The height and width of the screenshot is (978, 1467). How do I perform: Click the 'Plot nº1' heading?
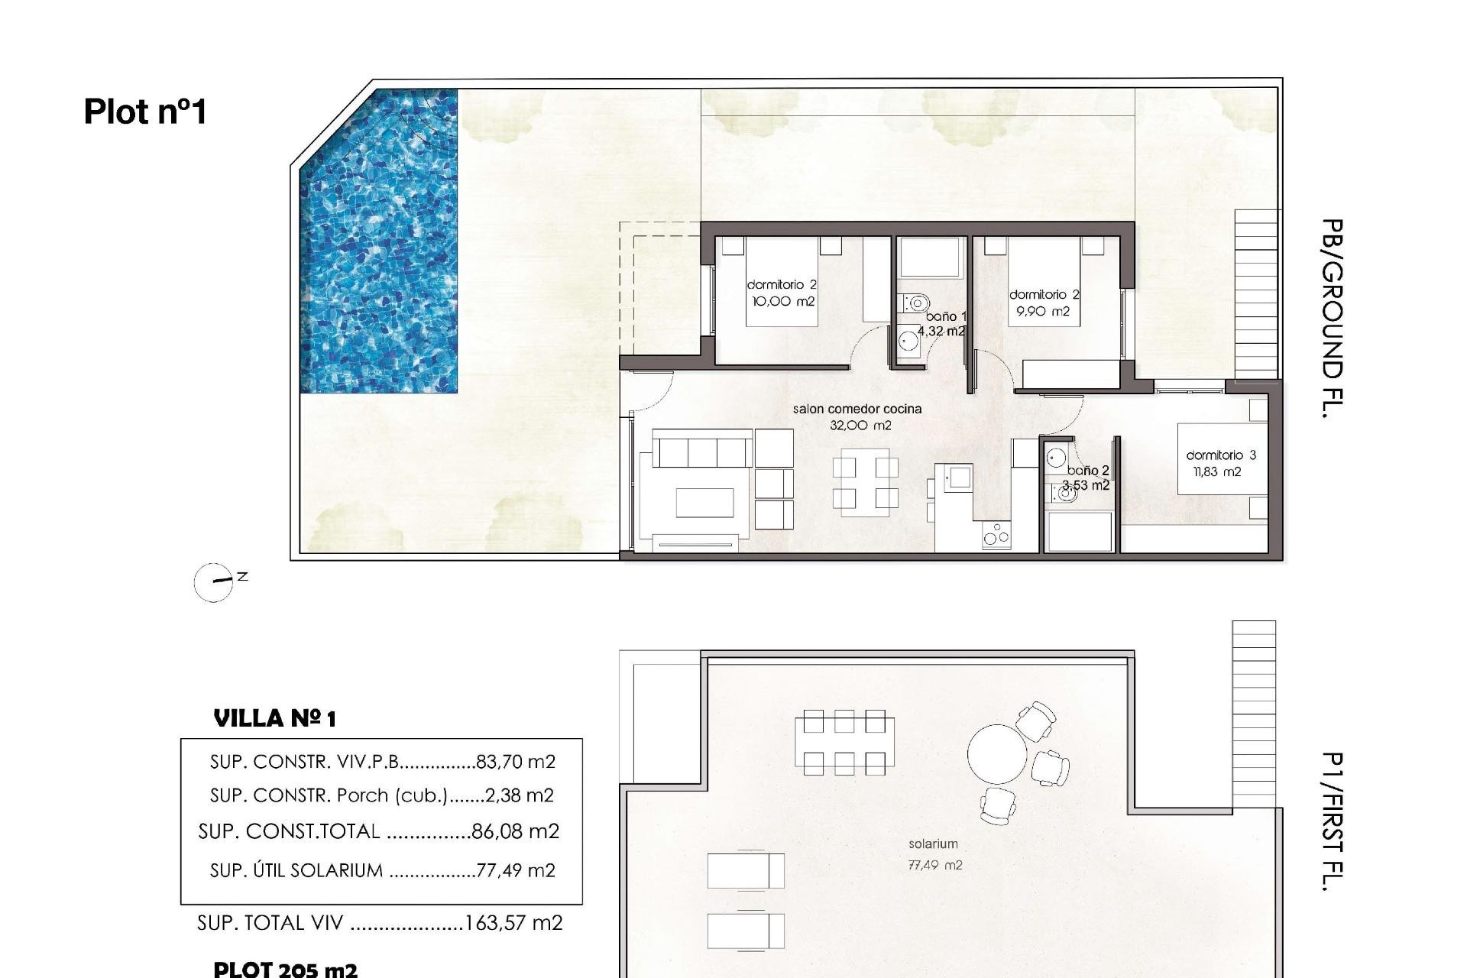(145, 112)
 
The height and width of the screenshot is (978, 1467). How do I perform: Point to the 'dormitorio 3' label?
(1220, 455)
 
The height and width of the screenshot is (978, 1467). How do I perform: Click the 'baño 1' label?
(946, 316)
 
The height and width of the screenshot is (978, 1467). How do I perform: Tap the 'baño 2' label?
(1087, 471)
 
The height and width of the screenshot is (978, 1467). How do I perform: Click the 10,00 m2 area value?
(783, 302)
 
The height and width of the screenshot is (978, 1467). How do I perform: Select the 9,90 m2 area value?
(1042, 312)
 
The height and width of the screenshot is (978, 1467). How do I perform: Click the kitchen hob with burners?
(996, 535)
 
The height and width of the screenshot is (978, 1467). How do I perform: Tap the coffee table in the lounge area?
(704, 502)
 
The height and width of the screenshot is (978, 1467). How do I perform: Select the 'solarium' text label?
(932, 844)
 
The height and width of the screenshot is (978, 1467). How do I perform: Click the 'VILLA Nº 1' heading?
(274, 718)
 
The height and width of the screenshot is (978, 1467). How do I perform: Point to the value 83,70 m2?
(515, 762)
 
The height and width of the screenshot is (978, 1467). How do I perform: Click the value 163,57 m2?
(513, 923)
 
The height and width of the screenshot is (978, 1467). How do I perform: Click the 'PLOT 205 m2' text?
(285, 970)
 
